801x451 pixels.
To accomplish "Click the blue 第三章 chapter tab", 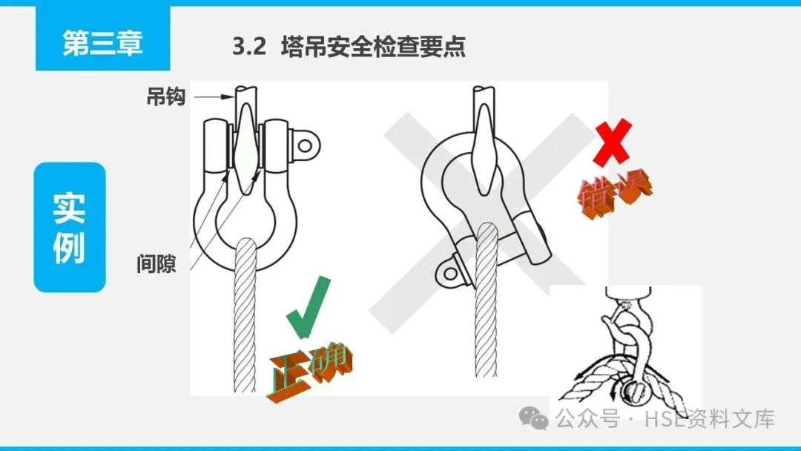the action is pos(102,39).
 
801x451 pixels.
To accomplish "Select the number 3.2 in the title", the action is pos(248,47).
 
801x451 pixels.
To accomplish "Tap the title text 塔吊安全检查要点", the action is pos(373,47).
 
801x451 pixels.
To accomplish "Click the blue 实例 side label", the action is pos(70,227).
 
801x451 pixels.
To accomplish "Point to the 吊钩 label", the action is pos(165,96).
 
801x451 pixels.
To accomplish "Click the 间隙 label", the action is pos(156,263).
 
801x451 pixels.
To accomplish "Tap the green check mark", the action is pos(308,307).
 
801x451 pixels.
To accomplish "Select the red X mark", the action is pos(613,142).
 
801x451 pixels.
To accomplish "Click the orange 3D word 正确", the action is pos(309,371).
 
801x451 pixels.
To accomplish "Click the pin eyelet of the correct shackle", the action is pos(305,146).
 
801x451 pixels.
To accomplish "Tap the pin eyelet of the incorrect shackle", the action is pos(450,273).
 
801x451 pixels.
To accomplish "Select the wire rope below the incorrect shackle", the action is pos(486,300).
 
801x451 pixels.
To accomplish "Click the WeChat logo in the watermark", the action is pos(534,418).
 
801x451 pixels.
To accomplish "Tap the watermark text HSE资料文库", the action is pos(710,419).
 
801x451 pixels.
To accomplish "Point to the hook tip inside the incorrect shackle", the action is pos(484,190).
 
